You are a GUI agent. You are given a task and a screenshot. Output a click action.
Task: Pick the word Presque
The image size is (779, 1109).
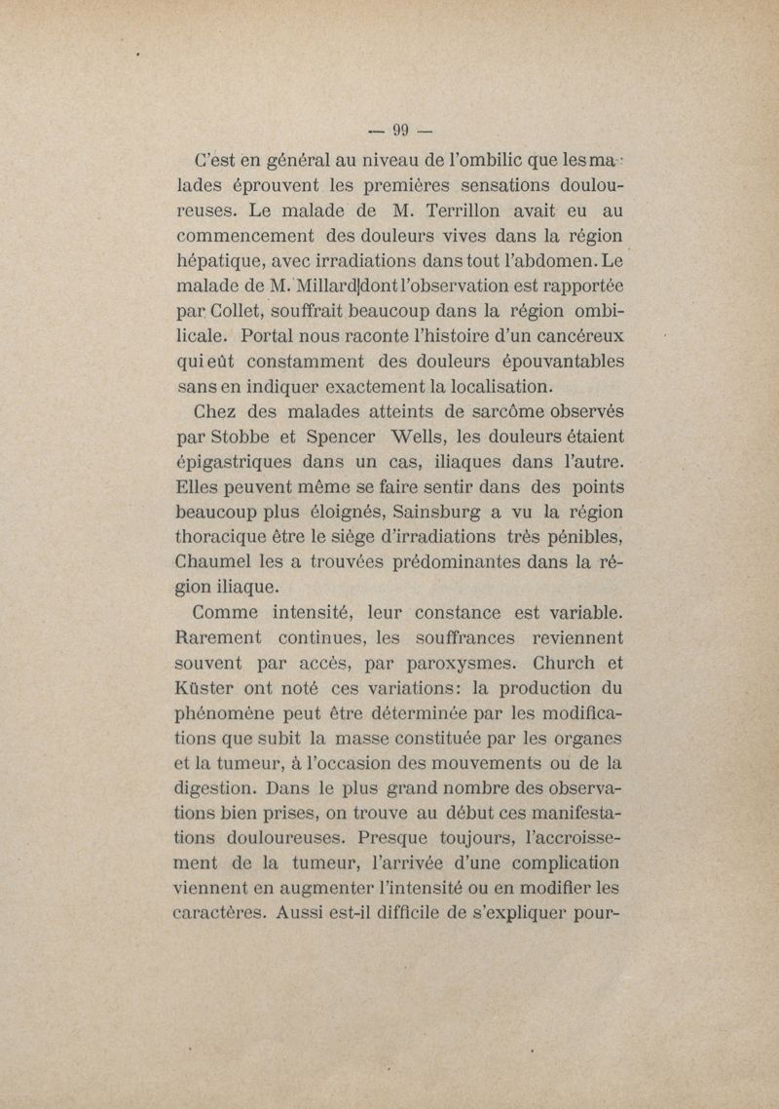[398, 838]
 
